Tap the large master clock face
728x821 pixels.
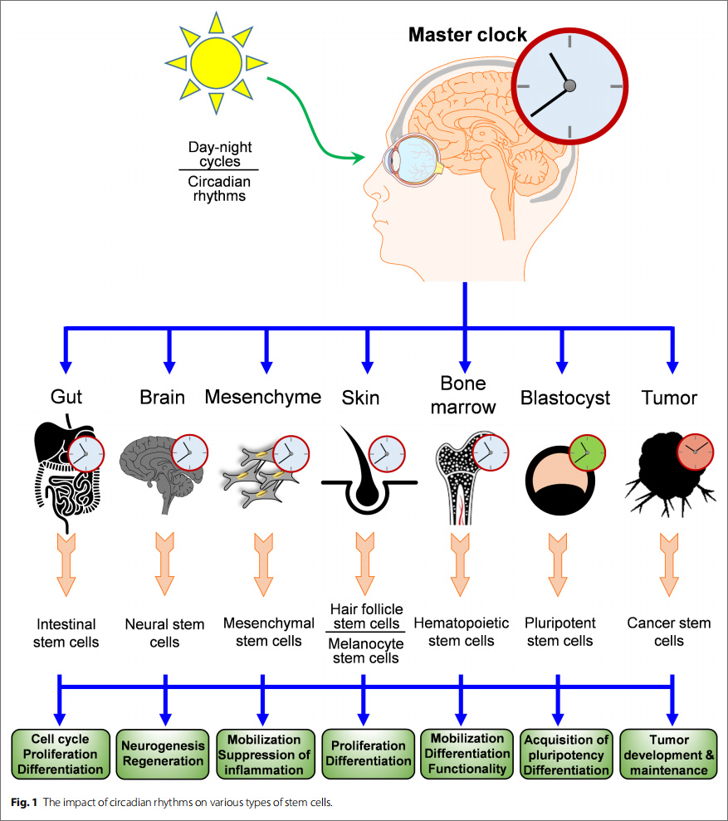point(569,86)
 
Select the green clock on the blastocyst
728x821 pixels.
point(587,452)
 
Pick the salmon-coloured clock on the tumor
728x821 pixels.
point(694,452)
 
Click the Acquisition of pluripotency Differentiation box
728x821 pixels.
point(567,753)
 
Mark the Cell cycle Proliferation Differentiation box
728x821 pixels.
point(60,753)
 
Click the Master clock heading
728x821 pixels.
point(467,35)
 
